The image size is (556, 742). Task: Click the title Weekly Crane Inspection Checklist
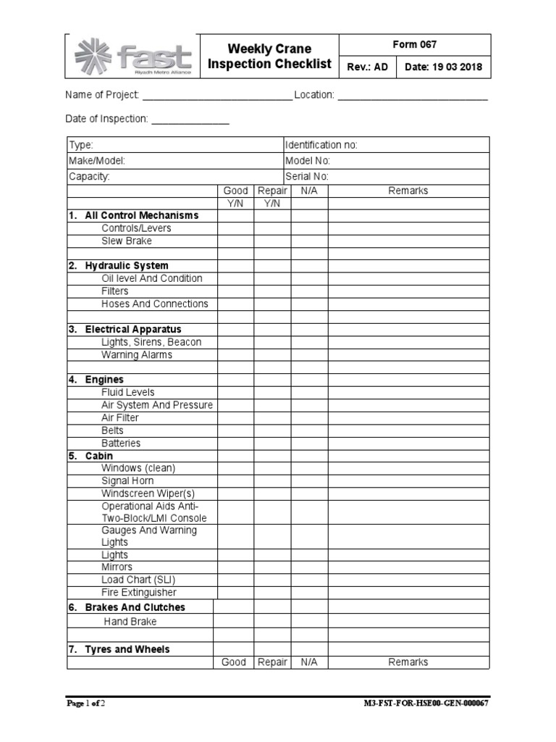click(269, 57)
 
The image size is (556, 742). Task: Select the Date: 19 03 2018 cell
click(442, 68)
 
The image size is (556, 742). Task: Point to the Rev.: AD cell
click(368, 68)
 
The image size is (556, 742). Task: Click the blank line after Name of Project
click(216, 96)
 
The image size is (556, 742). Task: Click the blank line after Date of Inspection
click(190, 120)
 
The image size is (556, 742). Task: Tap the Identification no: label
click(321, 145)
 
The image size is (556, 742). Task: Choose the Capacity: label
click(89, 177)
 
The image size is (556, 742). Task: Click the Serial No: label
click(307, 177)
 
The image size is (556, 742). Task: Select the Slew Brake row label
click(127, 241)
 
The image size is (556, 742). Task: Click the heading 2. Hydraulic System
click(119, 266)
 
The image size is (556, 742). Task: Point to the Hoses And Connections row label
click(154, 304)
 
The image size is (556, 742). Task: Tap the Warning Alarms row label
click(137, 355)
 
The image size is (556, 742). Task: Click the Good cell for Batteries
click(235, 443)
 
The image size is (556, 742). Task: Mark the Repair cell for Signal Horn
click(272, 480)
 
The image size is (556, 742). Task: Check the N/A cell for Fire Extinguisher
click(309, 592)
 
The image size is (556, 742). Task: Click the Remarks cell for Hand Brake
click(408, 622)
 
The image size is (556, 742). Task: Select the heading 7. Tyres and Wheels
click(119, 649)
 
